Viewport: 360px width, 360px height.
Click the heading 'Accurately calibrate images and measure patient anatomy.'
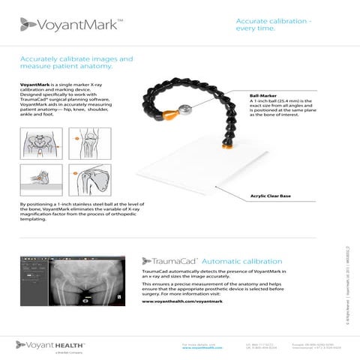[75, 63]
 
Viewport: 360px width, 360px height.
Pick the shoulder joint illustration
[89, 180]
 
